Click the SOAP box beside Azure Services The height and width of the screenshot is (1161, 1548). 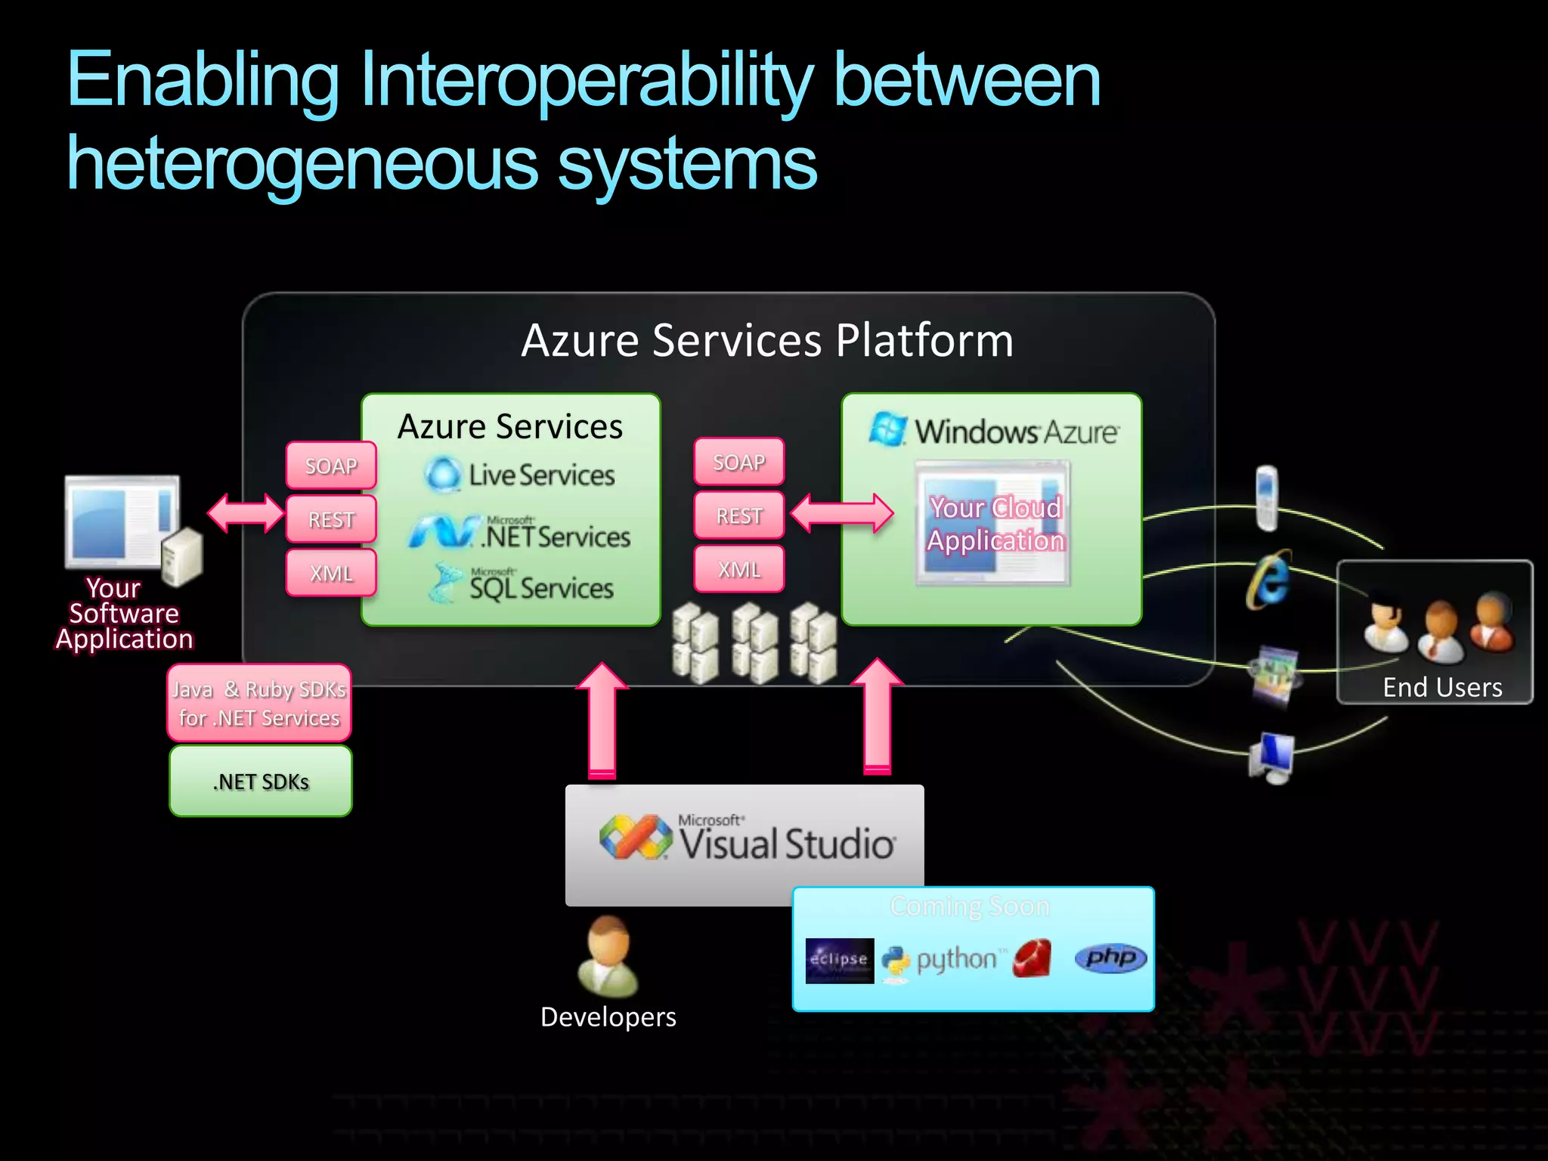click(331, 466)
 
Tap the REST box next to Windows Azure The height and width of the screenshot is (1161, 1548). click(739, 516)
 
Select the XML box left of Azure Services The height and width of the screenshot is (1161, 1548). click(331, 573)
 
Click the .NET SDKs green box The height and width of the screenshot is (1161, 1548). click(261, 782)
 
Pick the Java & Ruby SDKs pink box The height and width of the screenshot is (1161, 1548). click(259, 704)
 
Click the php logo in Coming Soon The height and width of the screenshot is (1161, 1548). click(1110, 958)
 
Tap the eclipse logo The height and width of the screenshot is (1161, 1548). click(839, 960)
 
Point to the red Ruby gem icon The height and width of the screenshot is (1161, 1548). click(1033, 958)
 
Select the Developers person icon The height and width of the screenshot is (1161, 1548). click(608, 956)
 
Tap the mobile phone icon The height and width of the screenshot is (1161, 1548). click(1267, 497)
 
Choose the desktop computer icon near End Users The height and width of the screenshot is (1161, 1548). click(1273, 757)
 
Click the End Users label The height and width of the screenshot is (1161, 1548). click(1442, 687)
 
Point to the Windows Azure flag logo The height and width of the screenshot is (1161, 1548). click(888, 429)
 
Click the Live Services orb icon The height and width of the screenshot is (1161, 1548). click(442, 475)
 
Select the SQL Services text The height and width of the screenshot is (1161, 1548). click(541, 588)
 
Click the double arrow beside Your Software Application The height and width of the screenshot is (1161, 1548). click(246, 514)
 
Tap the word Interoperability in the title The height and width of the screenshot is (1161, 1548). click(586, 80)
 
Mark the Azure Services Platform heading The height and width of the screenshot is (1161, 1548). click(766, 340)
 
